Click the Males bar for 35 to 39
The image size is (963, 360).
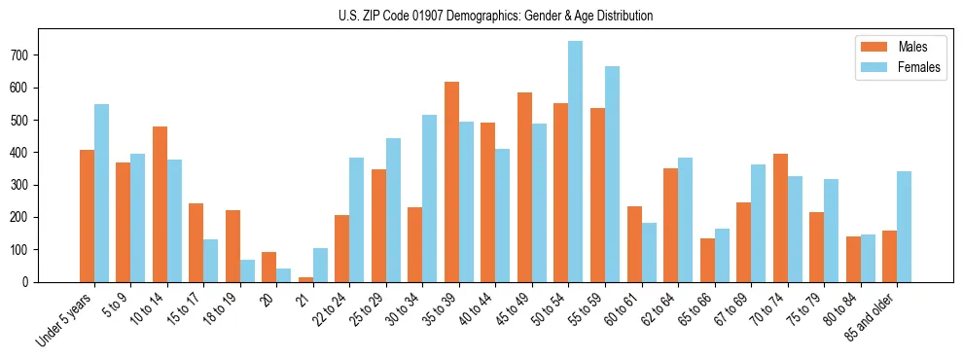[x=451, y=182]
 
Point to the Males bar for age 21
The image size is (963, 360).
[x=305, y=279]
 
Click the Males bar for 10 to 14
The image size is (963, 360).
[x=160, y=204]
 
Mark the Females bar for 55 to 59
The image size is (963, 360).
[x=612, y=174]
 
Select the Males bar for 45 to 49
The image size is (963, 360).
[x=524, y=187]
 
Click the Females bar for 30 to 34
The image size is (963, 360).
[x=430, y=198]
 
